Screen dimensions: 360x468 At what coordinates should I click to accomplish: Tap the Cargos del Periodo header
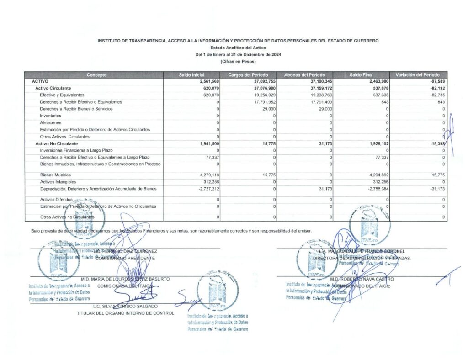[248, 74]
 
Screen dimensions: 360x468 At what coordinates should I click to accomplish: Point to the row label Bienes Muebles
[53, 174]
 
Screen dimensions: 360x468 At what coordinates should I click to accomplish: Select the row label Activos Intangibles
[57, 181]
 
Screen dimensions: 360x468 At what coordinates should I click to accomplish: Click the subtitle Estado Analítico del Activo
[238, 48]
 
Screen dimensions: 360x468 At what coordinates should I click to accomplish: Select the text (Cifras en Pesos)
[238, 61]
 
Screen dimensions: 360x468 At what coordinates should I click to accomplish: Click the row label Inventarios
[50, 116]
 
